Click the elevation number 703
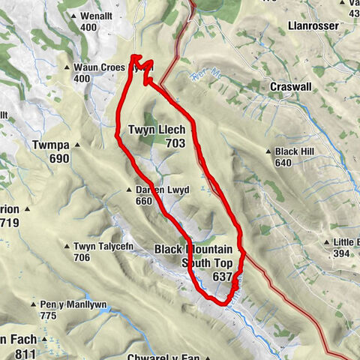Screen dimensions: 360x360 pyautogui.click(x=175, y=142)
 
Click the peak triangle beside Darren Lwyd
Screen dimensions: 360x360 pyautogui.click(x=130, y=190)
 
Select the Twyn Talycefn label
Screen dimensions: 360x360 pyautogui.click(x=103, y=246)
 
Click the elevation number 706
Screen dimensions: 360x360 pyautogui.click(x=81, y=257)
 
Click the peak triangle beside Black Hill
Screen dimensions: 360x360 pyautogui.click(x=269, y=151)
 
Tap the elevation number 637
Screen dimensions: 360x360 pyautogui.click(x=222, y=277)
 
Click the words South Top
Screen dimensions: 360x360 pyautogui.click(x=207, y=262)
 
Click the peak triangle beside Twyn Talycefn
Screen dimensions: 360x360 pyautogui.click(x=67, y=246)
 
